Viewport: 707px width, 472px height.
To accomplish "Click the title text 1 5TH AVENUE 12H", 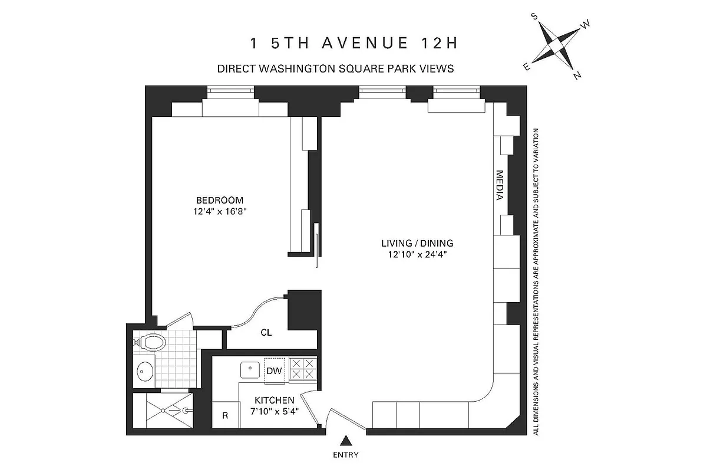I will [x=353, y=44].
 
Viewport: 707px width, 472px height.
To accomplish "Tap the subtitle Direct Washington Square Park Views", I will [x=336, y=68].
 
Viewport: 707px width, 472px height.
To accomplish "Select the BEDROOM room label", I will [x=219, y=200].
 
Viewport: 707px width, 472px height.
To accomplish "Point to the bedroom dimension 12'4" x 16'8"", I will [x=219, y=211].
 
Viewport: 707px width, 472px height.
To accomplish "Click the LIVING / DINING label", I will [x=417, y=243].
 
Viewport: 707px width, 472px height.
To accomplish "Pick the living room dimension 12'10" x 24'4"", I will [x=417, y=255].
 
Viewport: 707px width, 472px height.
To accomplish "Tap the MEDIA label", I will [x=500, y=185].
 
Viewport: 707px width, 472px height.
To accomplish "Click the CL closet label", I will [x=266, y=333].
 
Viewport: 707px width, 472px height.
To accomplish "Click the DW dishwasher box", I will [x=274, y=371].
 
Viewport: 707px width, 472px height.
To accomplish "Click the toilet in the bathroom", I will [x=151, y=341].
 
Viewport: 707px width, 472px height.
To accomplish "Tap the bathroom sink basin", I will [x=144, y=372].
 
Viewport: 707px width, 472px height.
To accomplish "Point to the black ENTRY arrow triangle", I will [x=346, y=440].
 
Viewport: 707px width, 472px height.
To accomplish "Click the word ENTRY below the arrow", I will [x=346, y=455].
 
